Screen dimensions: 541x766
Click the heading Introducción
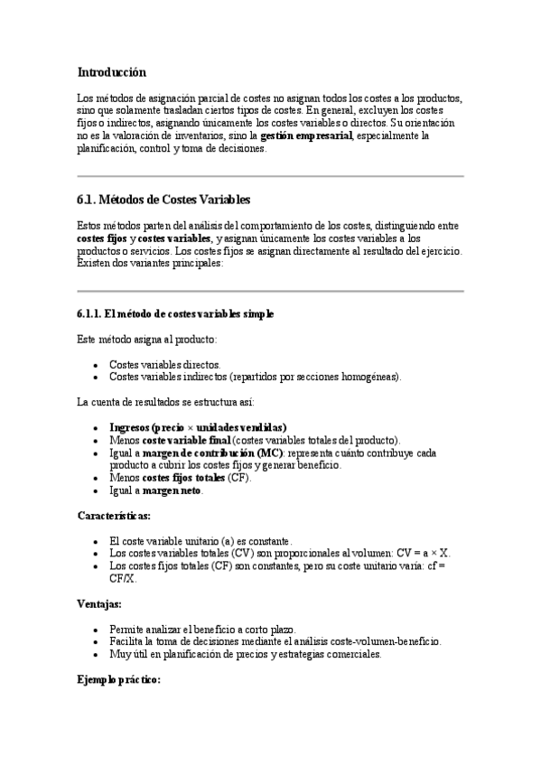coord(112,71)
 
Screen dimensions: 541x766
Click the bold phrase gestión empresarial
coord(306,135)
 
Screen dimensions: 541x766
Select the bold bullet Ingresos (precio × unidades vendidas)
coord(198,427)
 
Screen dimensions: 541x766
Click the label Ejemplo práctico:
coord(118,680)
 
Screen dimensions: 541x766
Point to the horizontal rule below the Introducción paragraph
coord(270,175)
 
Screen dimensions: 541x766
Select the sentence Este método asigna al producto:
coord(140,339)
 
